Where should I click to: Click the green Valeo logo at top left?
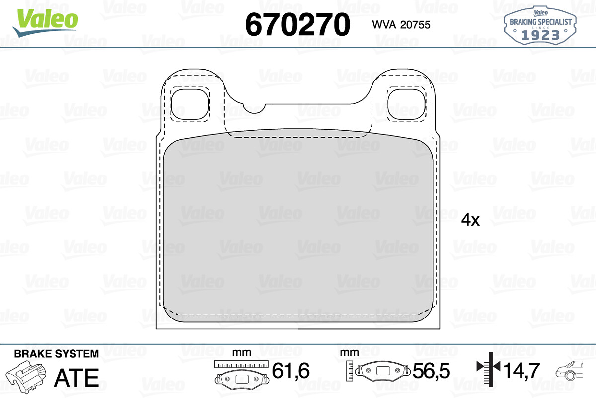(x=46, y=23)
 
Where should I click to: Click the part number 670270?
(x=298, y=24)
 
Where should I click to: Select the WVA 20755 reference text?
(x=401, y=25)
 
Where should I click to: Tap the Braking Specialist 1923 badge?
(x=540, y=25)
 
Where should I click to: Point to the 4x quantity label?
(x=470, y=220)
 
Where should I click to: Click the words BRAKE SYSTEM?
(x=57, y=354)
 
